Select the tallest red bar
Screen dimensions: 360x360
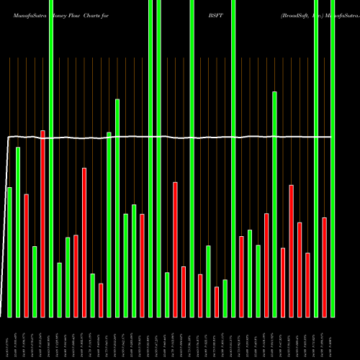(43, 223)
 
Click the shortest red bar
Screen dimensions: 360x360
(101, 300)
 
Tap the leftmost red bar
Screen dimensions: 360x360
(27, 256)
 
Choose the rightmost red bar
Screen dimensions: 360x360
(324, 266)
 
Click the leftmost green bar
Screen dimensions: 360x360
(10, 252)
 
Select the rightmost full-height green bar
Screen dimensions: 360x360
(333, 158)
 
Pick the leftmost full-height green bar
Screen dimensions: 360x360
(51, 158)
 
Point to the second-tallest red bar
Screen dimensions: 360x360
(84, 242)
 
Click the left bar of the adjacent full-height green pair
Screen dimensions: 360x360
(150, 158)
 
